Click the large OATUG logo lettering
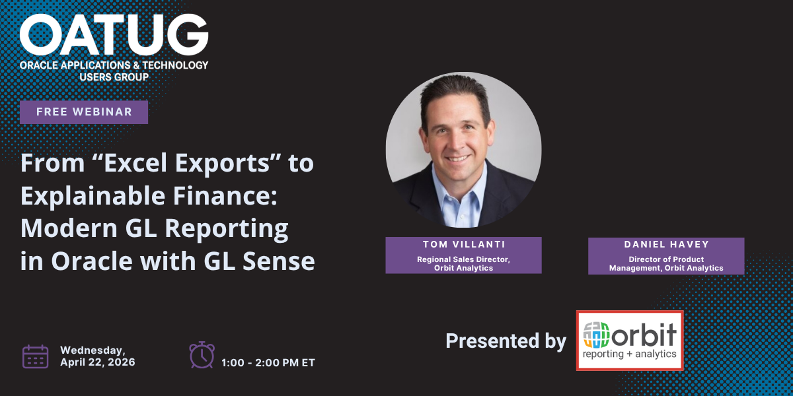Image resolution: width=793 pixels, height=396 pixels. click(x=114, y=35)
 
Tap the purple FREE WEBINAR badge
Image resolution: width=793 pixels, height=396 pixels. click(x=84, y=112)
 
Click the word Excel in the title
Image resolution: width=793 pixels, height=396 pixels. click(x=135, y=163)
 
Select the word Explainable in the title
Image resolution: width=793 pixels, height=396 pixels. click(x=93, y=197)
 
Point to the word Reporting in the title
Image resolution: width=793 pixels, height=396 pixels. click(x=227, y=229)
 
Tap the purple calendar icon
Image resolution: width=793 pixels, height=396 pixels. click(x=36, y=357)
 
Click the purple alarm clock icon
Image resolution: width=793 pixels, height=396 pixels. click(x=202, y=355)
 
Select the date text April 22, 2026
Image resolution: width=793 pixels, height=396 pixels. click(x=98, y=362)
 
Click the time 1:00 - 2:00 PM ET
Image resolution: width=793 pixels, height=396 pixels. click(x=268, y=363)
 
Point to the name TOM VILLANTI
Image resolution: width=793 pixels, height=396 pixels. click(x=464, y=244)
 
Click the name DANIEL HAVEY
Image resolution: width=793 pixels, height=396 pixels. click(x=666, y=244)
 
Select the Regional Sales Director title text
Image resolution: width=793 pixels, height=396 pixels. click(x=463, y=264)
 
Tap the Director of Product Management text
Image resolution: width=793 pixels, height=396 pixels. click(x=666, y=264)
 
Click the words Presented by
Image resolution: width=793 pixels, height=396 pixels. click(x=506, y=341)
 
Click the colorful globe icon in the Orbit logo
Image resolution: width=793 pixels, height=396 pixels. click(x=596, y=335)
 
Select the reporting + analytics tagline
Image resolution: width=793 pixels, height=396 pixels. click(x=629, y=354)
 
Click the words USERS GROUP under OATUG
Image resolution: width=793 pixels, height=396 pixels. click(x=114, y=77)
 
